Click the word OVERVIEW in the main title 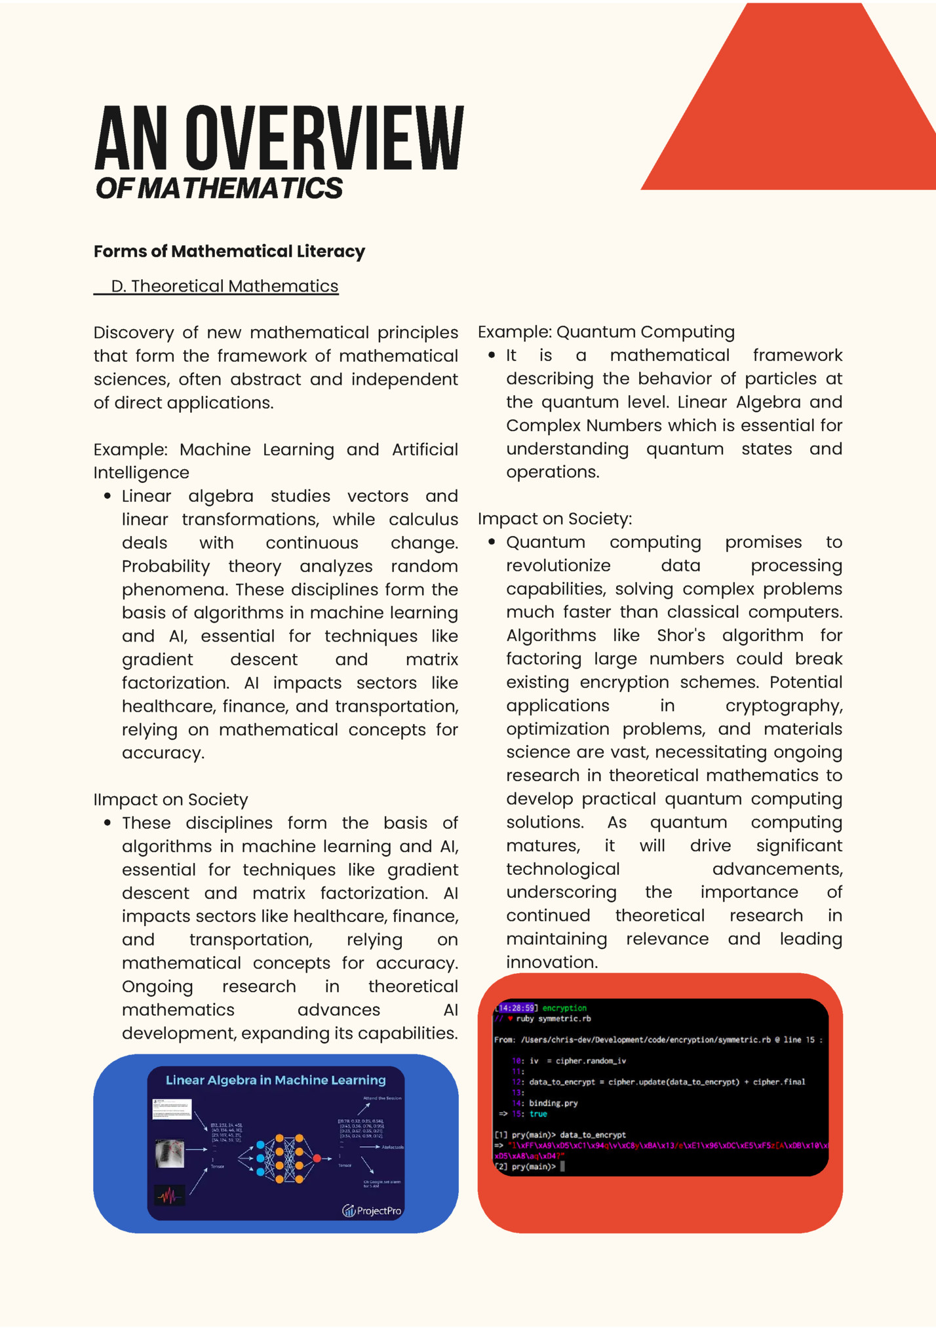click(324, 140)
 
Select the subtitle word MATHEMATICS click(240, 189)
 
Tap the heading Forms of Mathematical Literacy click(229, 252)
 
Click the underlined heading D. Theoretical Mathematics click(224, 286)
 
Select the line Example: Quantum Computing click(606, 332)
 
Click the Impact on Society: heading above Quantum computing click(555, 519)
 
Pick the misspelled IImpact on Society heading click(170, 799)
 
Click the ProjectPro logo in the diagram click(372, 1210)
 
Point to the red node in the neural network click(317, 1159)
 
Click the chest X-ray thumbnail click(170, 1153)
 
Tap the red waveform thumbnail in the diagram click(169, 1196)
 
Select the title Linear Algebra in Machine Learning click(275, 1080)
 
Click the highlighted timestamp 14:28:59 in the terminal click(517, 1008)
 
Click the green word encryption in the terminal click(564, 1008)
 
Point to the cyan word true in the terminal click(538, 1114)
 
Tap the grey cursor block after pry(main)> click(562, 1166)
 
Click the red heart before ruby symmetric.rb click(510, 1019)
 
